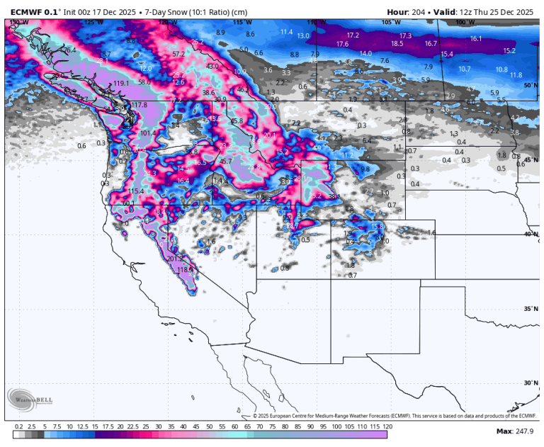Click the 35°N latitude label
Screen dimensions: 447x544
click(530, 308)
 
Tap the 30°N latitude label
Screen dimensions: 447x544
click(530, 383)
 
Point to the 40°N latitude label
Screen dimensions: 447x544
click(530, 234)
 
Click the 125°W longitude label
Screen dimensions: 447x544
click(93, 22)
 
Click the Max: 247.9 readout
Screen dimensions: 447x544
click(514, 431)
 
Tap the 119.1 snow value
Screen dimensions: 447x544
click(123, 84)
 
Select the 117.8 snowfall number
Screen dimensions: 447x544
click(139, 105)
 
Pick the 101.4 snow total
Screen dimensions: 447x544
click(148, 132)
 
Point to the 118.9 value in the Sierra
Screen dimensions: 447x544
click(185, 269)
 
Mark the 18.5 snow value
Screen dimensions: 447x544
click(397, 43)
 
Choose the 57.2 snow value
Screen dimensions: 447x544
click(178, 54)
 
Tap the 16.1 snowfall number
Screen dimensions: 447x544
click(475, 38)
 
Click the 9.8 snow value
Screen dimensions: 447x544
click(365, 169)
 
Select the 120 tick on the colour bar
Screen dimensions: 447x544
click(387, 427)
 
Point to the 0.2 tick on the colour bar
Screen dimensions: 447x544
click(18, 427)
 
